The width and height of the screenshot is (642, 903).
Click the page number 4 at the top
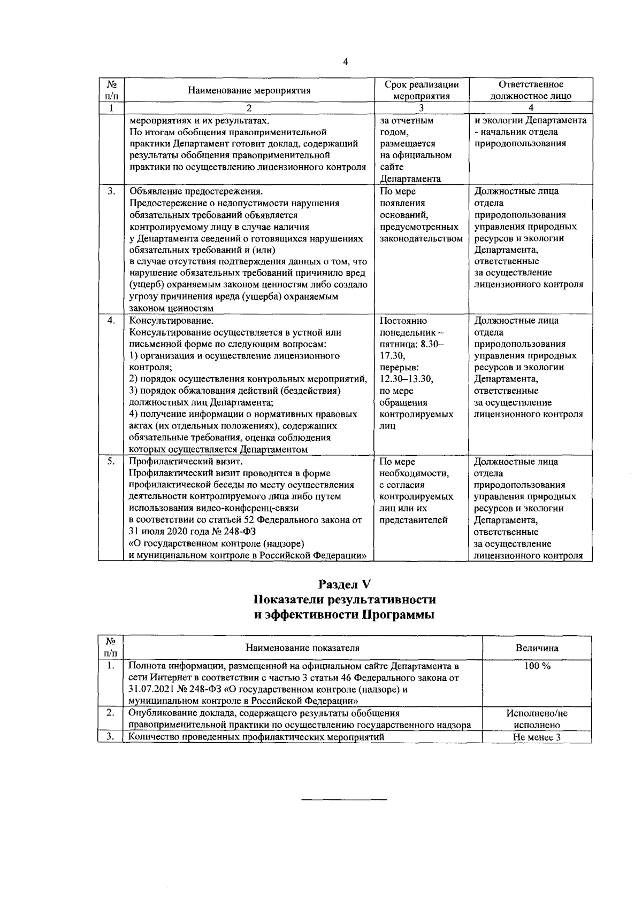pos(345,61)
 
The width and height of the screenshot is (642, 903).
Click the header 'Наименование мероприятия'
pos(249,90)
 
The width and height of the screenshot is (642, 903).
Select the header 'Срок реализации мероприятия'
pos(422,90)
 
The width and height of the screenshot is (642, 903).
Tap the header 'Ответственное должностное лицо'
pos(531,90)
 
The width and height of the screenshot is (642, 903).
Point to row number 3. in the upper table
pos(110,191)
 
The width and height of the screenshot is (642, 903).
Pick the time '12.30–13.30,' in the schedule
pos(407,379)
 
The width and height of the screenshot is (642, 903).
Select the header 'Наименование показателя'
pos(302,648)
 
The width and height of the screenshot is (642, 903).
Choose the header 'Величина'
pos(537,648)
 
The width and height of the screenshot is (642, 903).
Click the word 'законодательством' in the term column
pos(421,238)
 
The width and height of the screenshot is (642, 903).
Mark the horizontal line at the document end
pos(344,799)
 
